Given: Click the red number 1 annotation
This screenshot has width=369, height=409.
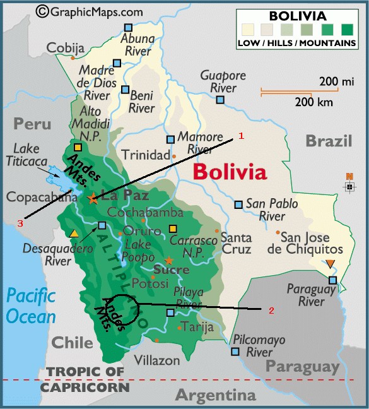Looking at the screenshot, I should click(241, 136).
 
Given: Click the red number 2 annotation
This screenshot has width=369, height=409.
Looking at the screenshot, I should click(271, 310).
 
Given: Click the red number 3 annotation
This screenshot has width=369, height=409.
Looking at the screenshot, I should click(20, 223).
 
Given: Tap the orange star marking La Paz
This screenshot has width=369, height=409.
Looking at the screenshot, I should click(93, 199).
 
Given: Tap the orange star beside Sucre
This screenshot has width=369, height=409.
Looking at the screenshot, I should click(168, 260).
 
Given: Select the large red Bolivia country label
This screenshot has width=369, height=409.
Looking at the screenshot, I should click(230, 171).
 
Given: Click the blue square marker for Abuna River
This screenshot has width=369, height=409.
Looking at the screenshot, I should click(129, 28).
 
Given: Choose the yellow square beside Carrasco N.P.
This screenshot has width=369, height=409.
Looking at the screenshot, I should click(173, 228).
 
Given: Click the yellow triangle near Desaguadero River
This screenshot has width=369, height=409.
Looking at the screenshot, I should click(74, 234).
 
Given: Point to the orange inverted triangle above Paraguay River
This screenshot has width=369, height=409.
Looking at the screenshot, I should click(331, 264).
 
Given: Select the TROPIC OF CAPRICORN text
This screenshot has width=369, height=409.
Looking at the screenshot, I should click(85, 379).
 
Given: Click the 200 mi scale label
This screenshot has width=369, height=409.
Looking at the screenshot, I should click(337, 81).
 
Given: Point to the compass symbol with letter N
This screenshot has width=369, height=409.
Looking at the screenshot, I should click(349, 185).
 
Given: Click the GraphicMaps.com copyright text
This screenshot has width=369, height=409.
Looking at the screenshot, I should click(90, 11).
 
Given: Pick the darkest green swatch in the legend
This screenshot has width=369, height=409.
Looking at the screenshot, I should click(346, 29).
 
